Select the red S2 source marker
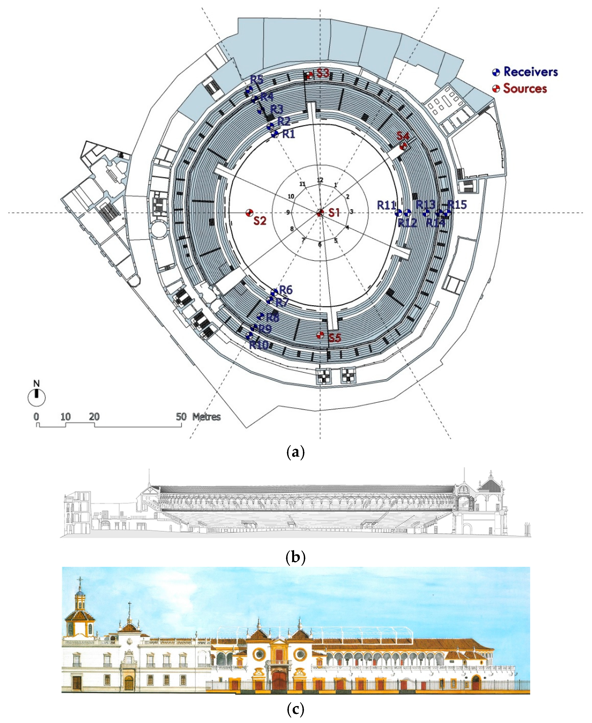(x=249, y=213)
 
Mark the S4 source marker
(x=403, y=146)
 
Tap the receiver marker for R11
(x=398, y=213)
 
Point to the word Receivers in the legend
(x=531, y=72)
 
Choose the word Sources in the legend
(x=525, y=89)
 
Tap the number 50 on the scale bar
(x=181, y=417)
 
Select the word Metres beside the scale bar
(x=206, y=417)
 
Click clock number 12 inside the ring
(x=320, y=180)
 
